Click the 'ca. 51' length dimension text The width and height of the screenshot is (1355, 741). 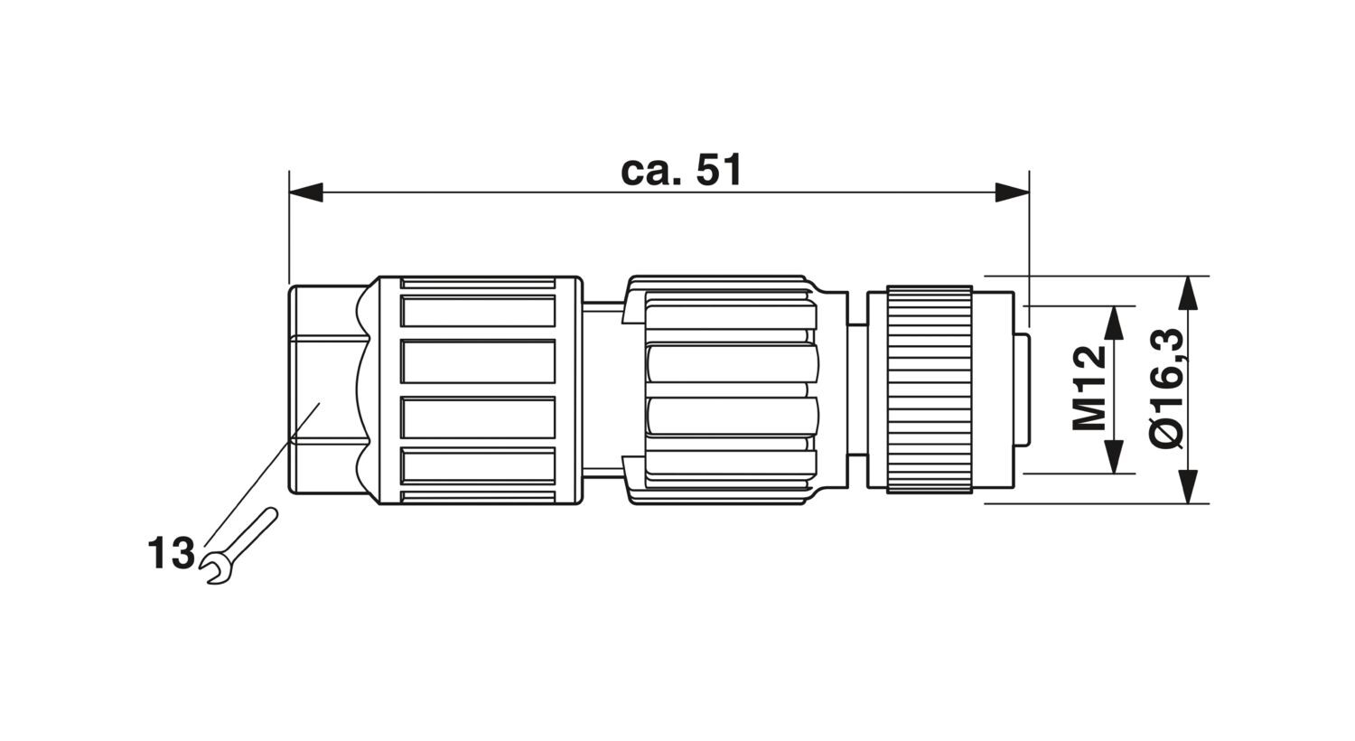[x=681, y=170]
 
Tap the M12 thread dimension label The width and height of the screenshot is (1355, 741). [x=1089, y=388]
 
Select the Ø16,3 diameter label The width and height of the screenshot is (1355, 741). [x=1165, y=389]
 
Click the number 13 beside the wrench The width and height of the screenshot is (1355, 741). [x=172, y=553]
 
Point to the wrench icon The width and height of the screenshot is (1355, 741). [x=239, y=545]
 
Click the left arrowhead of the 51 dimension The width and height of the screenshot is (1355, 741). [x=306, y=192]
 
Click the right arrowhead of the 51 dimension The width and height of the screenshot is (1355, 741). [x=1012, y=192]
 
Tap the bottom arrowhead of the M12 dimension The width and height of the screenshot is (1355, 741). [x=1114, y=456]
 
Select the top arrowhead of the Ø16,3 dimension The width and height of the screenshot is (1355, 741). [x=1189, y=294]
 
